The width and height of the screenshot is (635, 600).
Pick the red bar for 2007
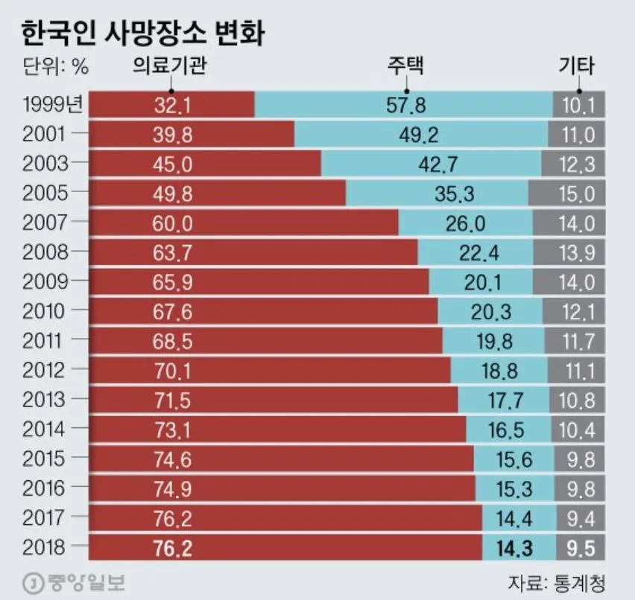coord(243,223)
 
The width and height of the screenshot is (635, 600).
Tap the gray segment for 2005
coord(566,194)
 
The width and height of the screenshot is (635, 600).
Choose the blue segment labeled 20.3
coord(490,311)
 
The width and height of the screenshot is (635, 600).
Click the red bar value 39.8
coord(173,135)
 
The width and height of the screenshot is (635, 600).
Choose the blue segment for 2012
coord(499,370)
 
